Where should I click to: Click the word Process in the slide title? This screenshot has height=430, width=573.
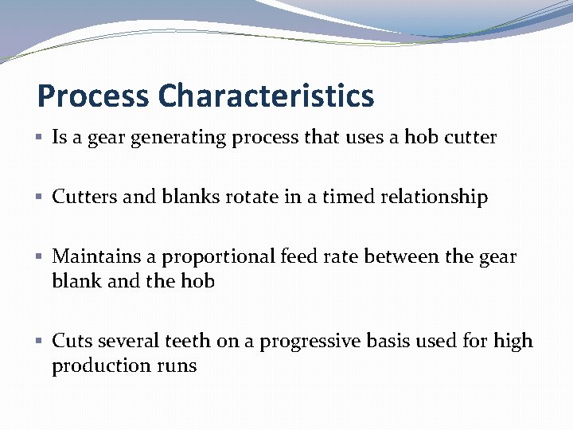(x=93, y=96)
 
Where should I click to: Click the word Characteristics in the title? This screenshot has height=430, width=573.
(x=265, y=96)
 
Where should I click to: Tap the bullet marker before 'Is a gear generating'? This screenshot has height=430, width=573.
(x=41, y=138)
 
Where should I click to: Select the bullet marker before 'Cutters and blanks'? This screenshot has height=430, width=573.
(x=41, y=197)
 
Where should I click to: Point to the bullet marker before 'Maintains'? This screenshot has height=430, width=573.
(x=41, y=257)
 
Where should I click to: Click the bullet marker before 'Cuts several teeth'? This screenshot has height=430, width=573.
(x=41, y=342)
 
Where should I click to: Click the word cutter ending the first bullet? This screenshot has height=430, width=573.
(x=470, y=138)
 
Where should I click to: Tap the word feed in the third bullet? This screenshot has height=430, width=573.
(x=300, y=256)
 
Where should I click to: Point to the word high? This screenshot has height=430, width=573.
(x=513, y=342)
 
